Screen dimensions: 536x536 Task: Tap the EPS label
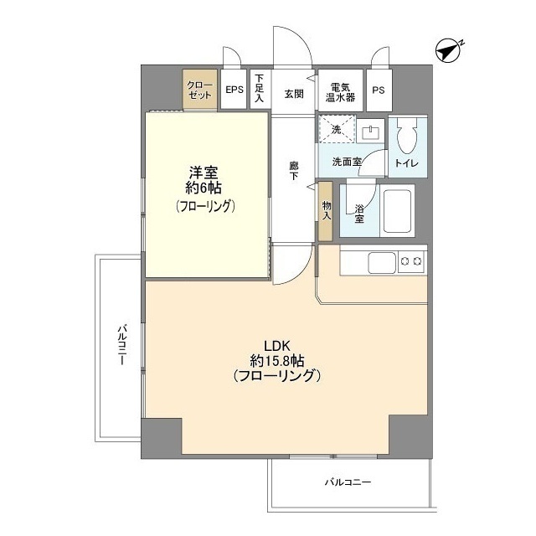(x=234, y=90)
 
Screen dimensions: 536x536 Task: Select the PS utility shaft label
(x=379, y=90)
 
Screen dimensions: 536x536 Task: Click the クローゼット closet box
(x=200, y=90)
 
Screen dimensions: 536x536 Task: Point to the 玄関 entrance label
(x=294, y=94)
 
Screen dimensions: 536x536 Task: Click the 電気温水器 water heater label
(x=340, y=92)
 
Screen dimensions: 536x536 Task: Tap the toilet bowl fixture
(x=408, y=136)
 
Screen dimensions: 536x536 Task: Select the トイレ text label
(x=407, y=163)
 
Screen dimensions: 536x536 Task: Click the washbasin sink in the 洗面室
(x=370, y=131)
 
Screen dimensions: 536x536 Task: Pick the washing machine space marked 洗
(x=337, y=129)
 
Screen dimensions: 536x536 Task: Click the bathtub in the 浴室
(x=397, y=211)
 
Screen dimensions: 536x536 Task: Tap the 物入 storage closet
(x=326, y=211)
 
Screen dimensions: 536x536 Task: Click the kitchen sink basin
(x=382, y=262)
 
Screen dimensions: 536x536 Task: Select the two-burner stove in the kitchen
(x=411, y=262)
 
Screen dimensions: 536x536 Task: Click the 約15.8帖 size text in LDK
(x=277, y=361)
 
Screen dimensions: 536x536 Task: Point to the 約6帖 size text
(x=204, y=188)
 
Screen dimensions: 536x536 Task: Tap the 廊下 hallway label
(x=294, y=171)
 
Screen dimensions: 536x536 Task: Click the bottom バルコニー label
(x=348, y=482)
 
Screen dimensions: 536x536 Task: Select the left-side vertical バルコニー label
(x=122, y=345)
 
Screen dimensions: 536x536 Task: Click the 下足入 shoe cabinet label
(x=260, y=89)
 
